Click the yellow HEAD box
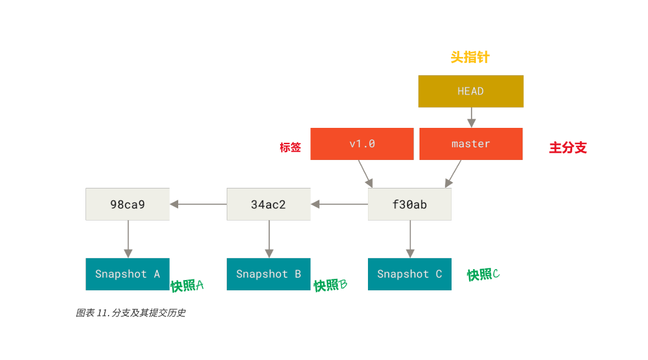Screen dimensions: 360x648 pos(470,91)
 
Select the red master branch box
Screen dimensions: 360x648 pos(470,144)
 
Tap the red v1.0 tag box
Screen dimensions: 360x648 pos(362,144)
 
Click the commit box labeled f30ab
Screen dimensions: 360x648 pos(409,204)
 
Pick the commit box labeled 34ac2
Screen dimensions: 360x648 pos(269,204)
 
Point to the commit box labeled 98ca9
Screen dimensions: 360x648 pos(127,204)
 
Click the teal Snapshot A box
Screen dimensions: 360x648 pos(127,274)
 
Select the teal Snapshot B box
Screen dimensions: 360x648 pos(269,274)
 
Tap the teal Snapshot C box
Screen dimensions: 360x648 pos(409,274)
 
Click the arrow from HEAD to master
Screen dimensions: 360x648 pos(471,117)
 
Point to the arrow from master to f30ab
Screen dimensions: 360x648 pos(453,173)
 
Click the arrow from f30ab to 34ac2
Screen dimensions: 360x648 pos(339,204)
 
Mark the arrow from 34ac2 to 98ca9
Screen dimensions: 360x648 pos(198,204)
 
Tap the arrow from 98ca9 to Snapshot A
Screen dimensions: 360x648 pos(127,239)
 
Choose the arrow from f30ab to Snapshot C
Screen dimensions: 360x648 pos(410,239)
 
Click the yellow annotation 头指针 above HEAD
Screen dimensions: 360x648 pos(470,58)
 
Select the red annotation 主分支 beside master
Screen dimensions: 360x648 pos(568,148)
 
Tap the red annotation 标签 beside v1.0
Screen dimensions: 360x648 pos(290,147)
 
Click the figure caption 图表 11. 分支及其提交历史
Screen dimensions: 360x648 pos(130,313)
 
